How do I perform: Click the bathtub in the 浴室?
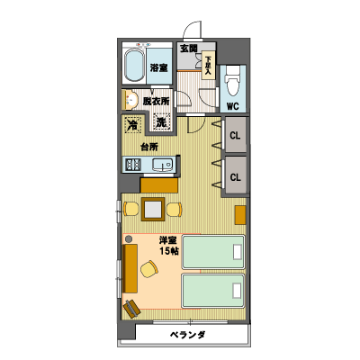[134, 66]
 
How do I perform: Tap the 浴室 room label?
[158, 67]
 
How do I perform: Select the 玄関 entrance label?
[189, 49]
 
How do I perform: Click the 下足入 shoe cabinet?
[208, 66]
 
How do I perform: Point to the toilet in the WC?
[233, 80]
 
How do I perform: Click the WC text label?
[232, 106]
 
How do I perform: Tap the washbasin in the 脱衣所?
[130, 100]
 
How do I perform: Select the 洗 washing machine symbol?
[161, 122]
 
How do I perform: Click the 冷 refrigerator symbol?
[132, 124]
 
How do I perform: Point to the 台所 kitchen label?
[149, 147]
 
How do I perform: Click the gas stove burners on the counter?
[133, 165]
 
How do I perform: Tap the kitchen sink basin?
[162, 165]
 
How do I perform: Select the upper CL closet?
[236, 134]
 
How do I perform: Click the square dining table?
[153, 209]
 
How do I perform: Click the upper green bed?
[213, 252]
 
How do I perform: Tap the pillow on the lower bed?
[237, 291]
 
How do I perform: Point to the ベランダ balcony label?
[188, 335]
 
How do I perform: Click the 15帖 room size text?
[169, 251]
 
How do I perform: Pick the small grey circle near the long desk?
[129, 239]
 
